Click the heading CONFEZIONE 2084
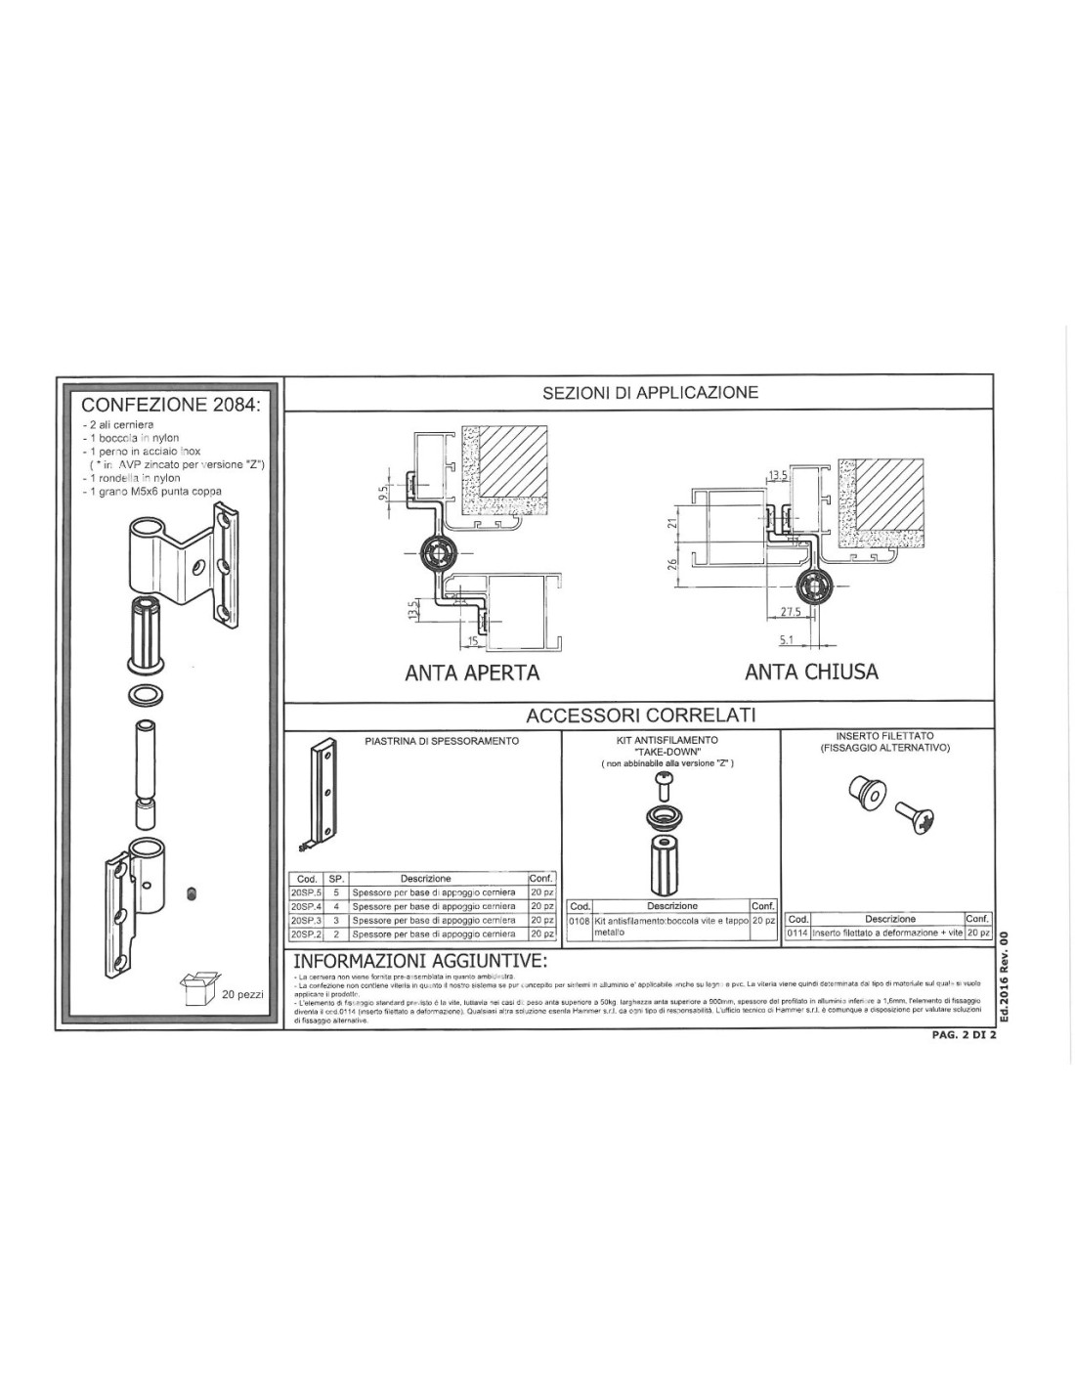pos(171,405)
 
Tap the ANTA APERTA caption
pos(472,673)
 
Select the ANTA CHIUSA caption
pos(811,672)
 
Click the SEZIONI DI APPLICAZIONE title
pos(650,393)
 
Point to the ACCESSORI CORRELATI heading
pos(640,716)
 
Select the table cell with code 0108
pos(579,921)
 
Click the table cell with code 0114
pos(797,934)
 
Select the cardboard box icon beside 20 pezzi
pos(198,989)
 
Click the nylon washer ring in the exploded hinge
pos(147,696)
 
